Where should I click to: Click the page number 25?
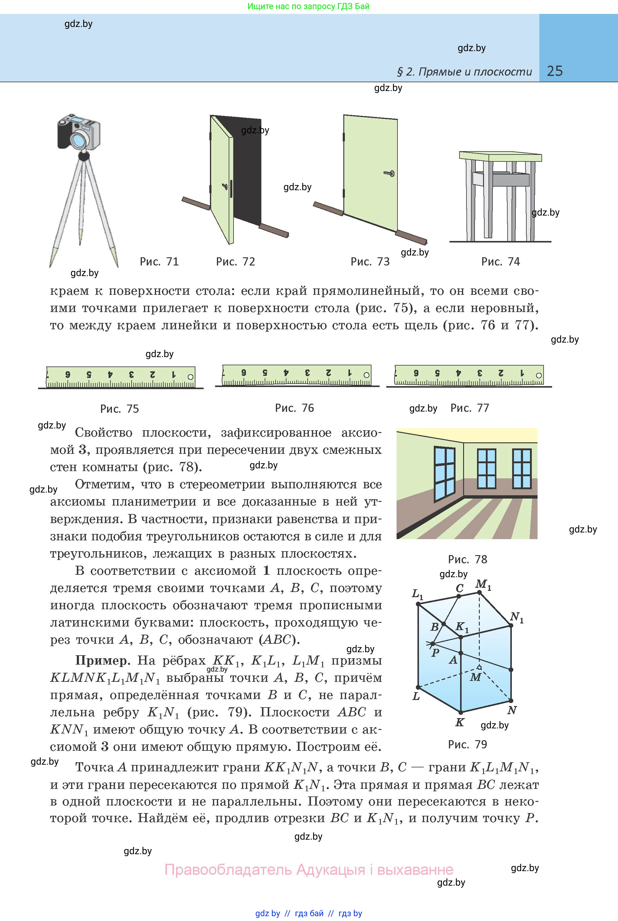point(554,71)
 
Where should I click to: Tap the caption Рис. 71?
point(159,262)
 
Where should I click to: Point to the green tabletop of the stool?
point(500,156)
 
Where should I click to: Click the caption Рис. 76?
point(294,408)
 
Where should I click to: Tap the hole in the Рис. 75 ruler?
point(190,376)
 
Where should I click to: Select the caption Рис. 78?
point(467,559)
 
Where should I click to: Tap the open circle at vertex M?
point(479,667)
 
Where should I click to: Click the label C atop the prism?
point(459,588)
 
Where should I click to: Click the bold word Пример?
point(103,661)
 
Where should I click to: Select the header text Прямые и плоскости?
point(475,72)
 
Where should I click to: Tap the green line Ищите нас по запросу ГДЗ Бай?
point(308,6)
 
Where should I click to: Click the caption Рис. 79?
point(467,744)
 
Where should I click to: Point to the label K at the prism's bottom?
point(459,722)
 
